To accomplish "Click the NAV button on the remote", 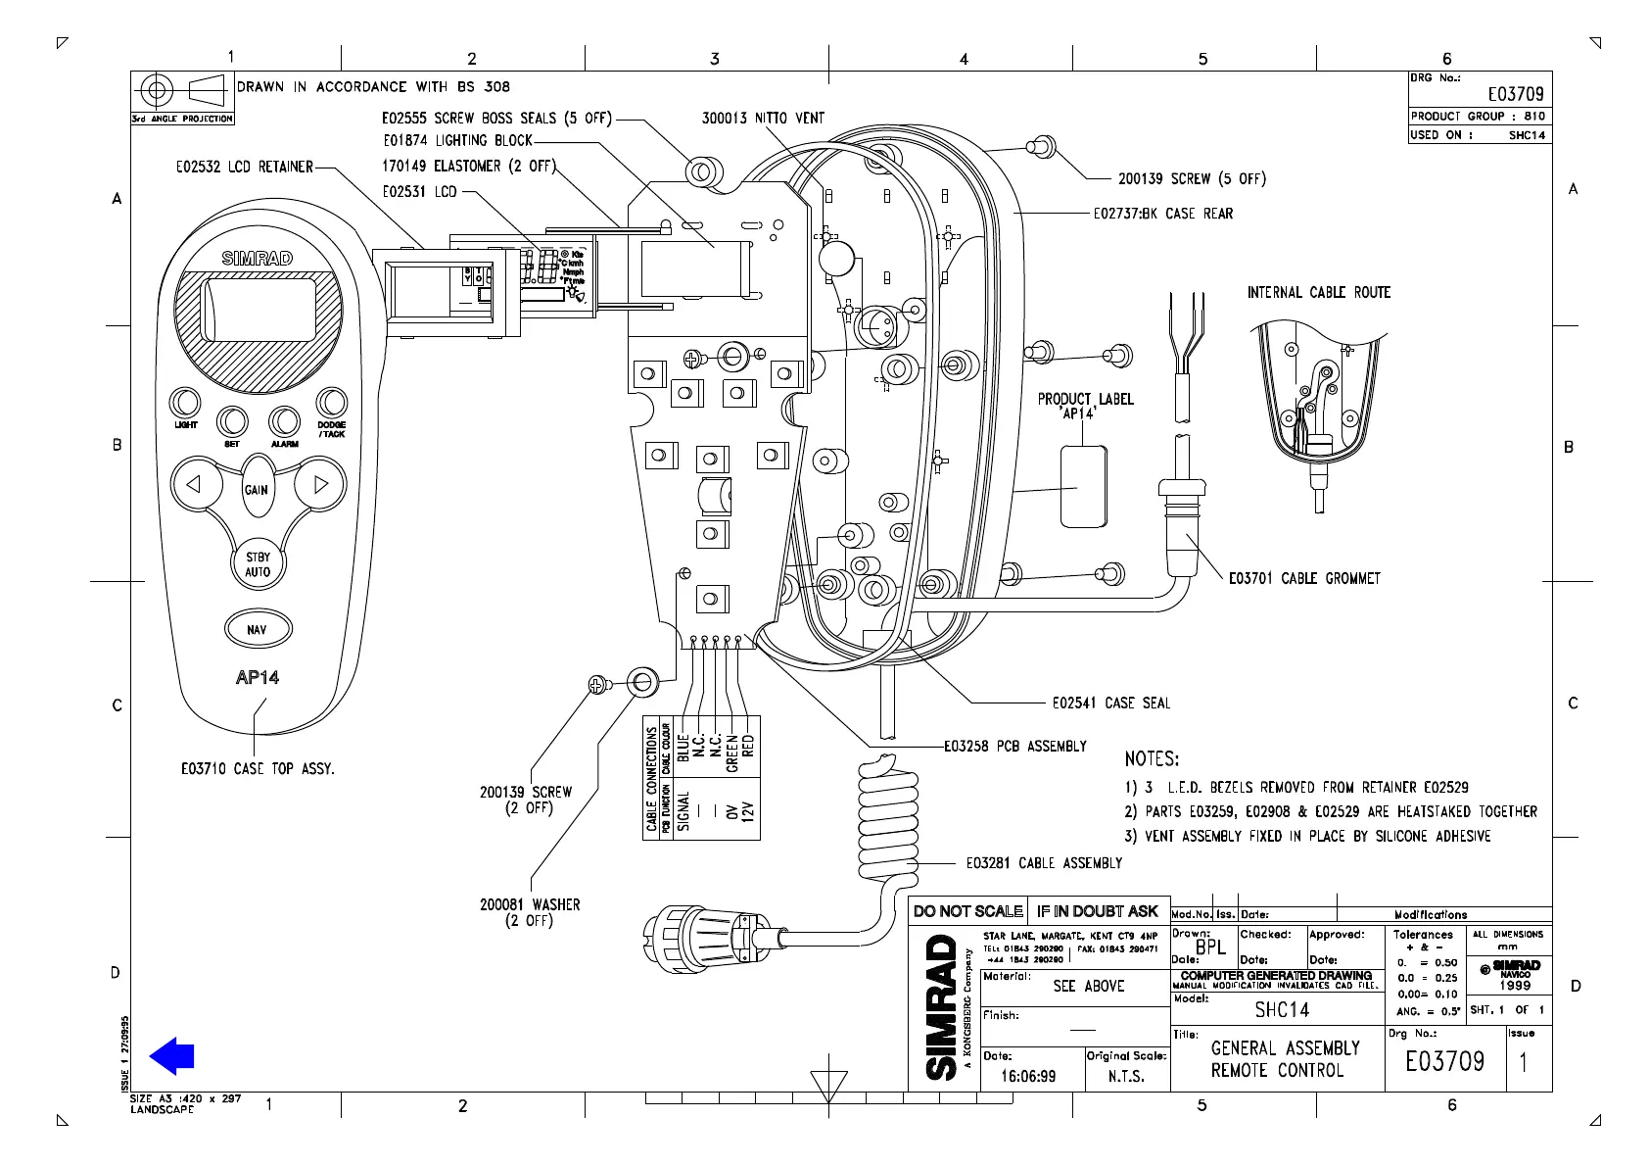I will pyautogui.click(x=257, y=629).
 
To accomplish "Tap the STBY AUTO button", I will pyautogui.click(x=258, y=564).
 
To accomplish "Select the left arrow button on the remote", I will pyautogui.click(x=194, y=484).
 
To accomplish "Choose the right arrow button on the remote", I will pyautogui.click(x=320, y=484).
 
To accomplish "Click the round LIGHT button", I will pyautogui.click(x=185, y=403).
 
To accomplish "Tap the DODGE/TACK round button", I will pyautogui.click(x=331, y=403).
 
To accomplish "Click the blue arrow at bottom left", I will pyautogui.click(x=172, y=1056).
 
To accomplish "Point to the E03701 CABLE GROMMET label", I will pyautogui.click(x=1304, y=579).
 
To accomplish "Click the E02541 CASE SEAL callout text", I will pyautogui.click(x=1110, y=703).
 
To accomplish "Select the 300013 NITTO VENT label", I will pyautogui.click(x=763, y=119).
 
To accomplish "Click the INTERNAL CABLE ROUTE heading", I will pyautogui.click(x=1318, y=292).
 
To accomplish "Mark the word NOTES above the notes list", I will pyautogui.click(x=1152, y=758).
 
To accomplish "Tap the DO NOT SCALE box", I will pyautogui.click(x=967, y=911).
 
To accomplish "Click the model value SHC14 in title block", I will pyautogui.click(x=1282, y=1010).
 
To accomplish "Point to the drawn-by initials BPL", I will pyautogui.click(x=1210, y=947).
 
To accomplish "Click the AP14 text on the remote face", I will pyautogui.click(x=257, y=677).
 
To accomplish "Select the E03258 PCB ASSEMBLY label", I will pyautogui.click(x=1015, y=747).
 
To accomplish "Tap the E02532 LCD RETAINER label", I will pyautogui.click(x=244, y=167).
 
